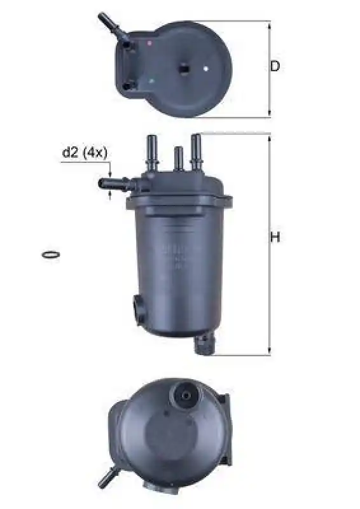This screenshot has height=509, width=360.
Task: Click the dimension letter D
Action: (x=275, y=66)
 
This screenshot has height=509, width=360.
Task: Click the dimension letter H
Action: (x=275, y=237)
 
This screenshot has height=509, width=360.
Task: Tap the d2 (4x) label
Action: (x=85, y=152)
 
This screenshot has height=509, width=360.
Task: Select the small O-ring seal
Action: (x=50, y=254)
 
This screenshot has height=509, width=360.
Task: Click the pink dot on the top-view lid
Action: (x=149, y=43)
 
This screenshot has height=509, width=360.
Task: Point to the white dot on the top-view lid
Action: (x=205, y=69)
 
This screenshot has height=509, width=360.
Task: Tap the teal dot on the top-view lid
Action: (x=151, y=81)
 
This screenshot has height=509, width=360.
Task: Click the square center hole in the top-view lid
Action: (x=184, y=68)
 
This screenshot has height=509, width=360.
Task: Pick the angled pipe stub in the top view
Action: (x=112, y=25)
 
